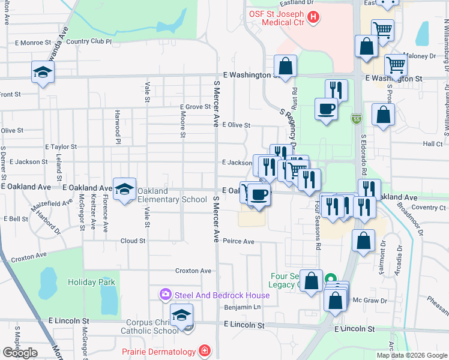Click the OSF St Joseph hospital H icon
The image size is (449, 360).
point(312,17)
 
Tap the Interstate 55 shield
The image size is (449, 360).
point(356,119)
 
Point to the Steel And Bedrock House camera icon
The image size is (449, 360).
point(165,295)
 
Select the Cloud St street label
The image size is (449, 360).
point(133,241)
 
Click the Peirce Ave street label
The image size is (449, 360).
point(239,241)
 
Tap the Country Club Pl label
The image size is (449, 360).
point(89,42)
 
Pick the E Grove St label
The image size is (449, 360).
point(196,107)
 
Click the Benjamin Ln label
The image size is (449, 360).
point(243,307)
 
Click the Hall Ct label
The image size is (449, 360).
point(432,144)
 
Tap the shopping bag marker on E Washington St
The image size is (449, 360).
point(285,67)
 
